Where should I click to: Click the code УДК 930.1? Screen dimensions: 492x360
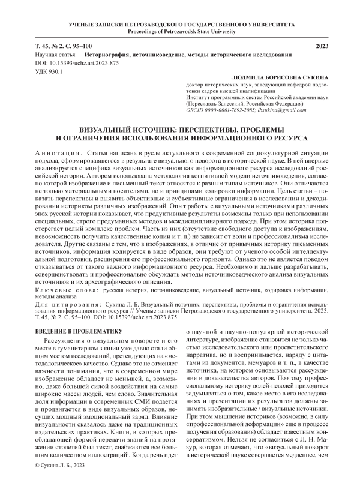coord(49,71)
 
